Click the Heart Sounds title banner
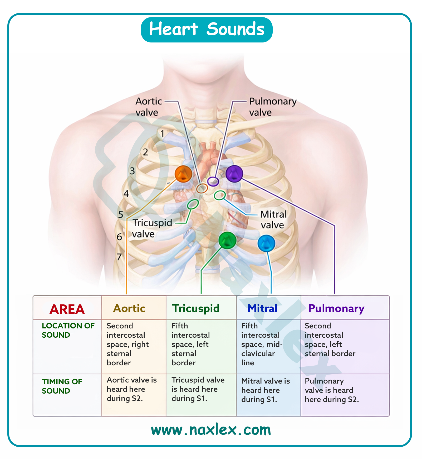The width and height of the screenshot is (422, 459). click(x=207, y=30)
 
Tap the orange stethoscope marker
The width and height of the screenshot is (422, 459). click(x=183, y=174)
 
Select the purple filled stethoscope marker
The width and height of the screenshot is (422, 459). click(x=234, y=174)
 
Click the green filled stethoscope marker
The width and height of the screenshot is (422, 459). click(x=227, y=240)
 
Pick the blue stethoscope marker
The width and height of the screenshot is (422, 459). click(x=266, y=243)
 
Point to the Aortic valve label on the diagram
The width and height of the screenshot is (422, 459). click(x=149, y=107)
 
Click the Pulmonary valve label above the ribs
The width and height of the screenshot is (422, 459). click(x=272, y=107)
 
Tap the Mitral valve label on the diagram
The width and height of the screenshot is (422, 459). click(x=273, y=220)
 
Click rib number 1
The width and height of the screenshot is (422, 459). click(x=163, y=134)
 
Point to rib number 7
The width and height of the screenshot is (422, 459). click(x=119, y=257)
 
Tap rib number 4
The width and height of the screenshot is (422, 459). click(x=126, y=194)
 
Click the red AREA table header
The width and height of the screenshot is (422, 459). click(x=67, y=309)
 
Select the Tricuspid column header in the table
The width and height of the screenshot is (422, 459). click(x=196, y=308)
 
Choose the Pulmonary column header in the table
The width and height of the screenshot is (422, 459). click(x=336, y=308)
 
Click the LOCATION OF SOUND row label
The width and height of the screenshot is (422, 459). click(x=68, y=330)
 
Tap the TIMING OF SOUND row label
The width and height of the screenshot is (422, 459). click(x=62, y=386)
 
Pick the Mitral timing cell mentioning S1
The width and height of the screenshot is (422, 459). click(x=266, y=390)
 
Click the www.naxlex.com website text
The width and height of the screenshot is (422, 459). click(x=211, y=430)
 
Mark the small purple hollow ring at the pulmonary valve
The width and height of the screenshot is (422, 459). click(x=213, y=181)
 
